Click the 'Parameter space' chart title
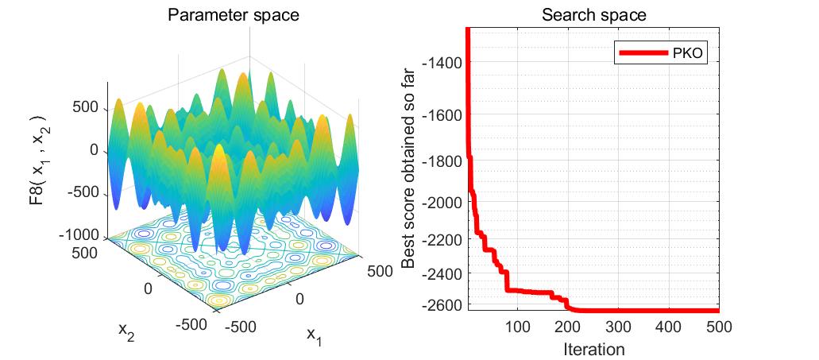(x=227, y=15)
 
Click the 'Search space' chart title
(x=593, y=15)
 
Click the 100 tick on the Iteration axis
(x=518, y=327)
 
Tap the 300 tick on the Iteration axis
(x=619, y=327)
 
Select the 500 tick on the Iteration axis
(x=718, y=327)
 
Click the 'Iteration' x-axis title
(x=593, y=348)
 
